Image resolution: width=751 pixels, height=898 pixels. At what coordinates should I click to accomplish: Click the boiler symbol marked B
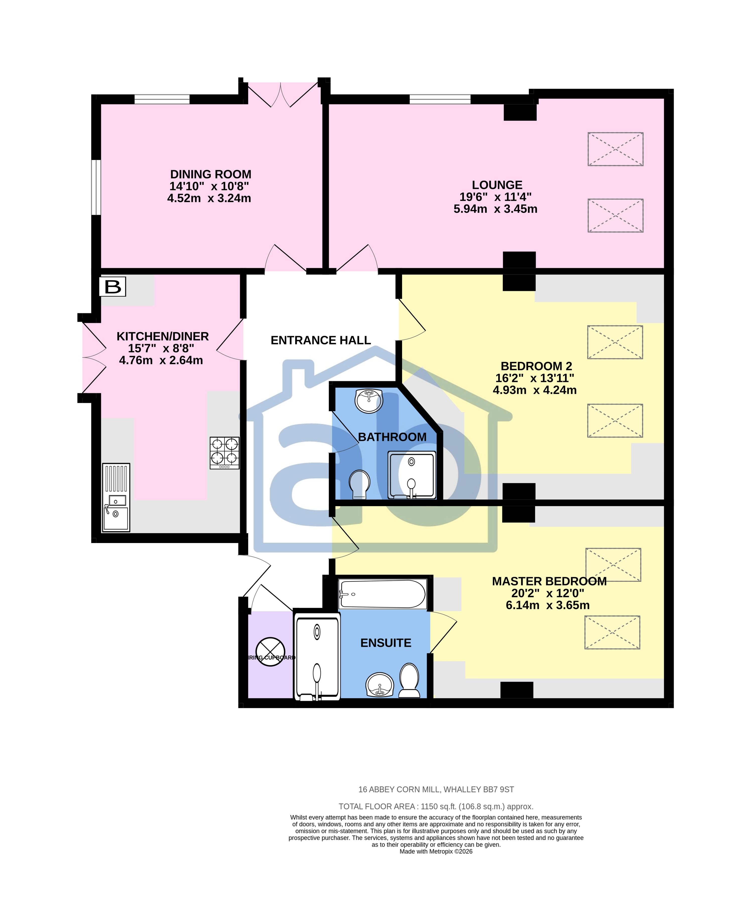tap(112, 286)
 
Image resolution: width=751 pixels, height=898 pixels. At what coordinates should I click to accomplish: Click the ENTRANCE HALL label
tap(321, 340)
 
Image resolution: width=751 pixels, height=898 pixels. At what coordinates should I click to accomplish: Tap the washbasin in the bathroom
tap(368, 401)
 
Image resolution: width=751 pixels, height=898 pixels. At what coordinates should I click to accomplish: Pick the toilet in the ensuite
tap(409, 680)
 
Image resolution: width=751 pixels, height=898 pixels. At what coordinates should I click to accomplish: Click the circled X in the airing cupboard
tap(270, 652)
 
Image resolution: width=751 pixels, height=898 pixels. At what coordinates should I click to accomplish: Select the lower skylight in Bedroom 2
tap(615, 420)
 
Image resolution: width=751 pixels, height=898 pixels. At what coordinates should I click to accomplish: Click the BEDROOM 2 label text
tap(536, 367)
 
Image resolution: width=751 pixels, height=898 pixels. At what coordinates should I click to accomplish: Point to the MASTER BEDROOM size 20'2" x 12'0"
tap(547, 593)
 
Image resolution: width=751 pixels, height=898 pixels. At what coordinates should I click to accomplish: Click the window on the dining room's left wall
tap(96, 187)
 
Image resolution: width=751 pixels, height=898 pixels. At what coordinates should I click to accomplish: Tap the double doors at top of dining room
tap(281, 94)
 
